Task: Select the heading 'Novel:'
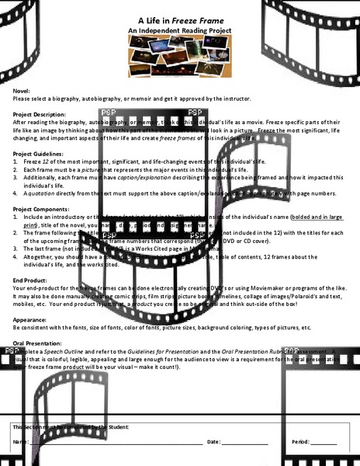[x=22, y=90]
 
